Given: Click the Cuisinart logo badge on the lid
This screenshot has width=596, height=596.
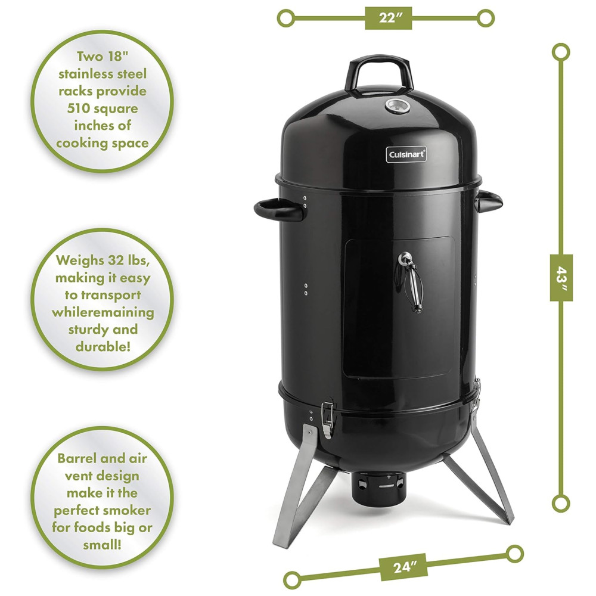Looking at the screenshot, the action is [406, 154].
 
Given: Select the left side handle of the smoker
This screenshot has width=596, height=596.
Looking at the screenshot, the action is [278, 210].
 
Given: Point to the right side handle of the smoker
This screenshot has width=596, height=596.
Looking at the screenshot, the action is [489, 201].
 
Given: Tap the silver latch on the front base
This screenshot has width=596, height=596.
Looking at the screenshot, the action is [327, 420].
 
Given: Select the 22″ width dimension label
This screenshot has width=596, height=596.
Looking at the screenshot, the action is [388, 18].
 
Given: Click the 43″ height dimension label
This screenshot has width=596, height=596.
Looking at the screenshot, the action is [561, 278].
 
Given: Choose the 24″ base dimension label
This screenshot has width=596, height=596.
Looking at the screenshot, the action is [403, 567].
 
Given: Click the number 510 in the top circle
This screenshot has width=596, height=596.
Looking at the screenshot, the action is [79, 108].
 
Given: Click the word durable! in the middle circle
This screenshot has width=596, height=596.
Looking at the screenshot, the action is [103, 346].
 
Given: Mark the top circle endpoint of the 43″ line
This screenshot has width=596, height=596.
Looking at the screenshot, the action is [561, 52].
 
